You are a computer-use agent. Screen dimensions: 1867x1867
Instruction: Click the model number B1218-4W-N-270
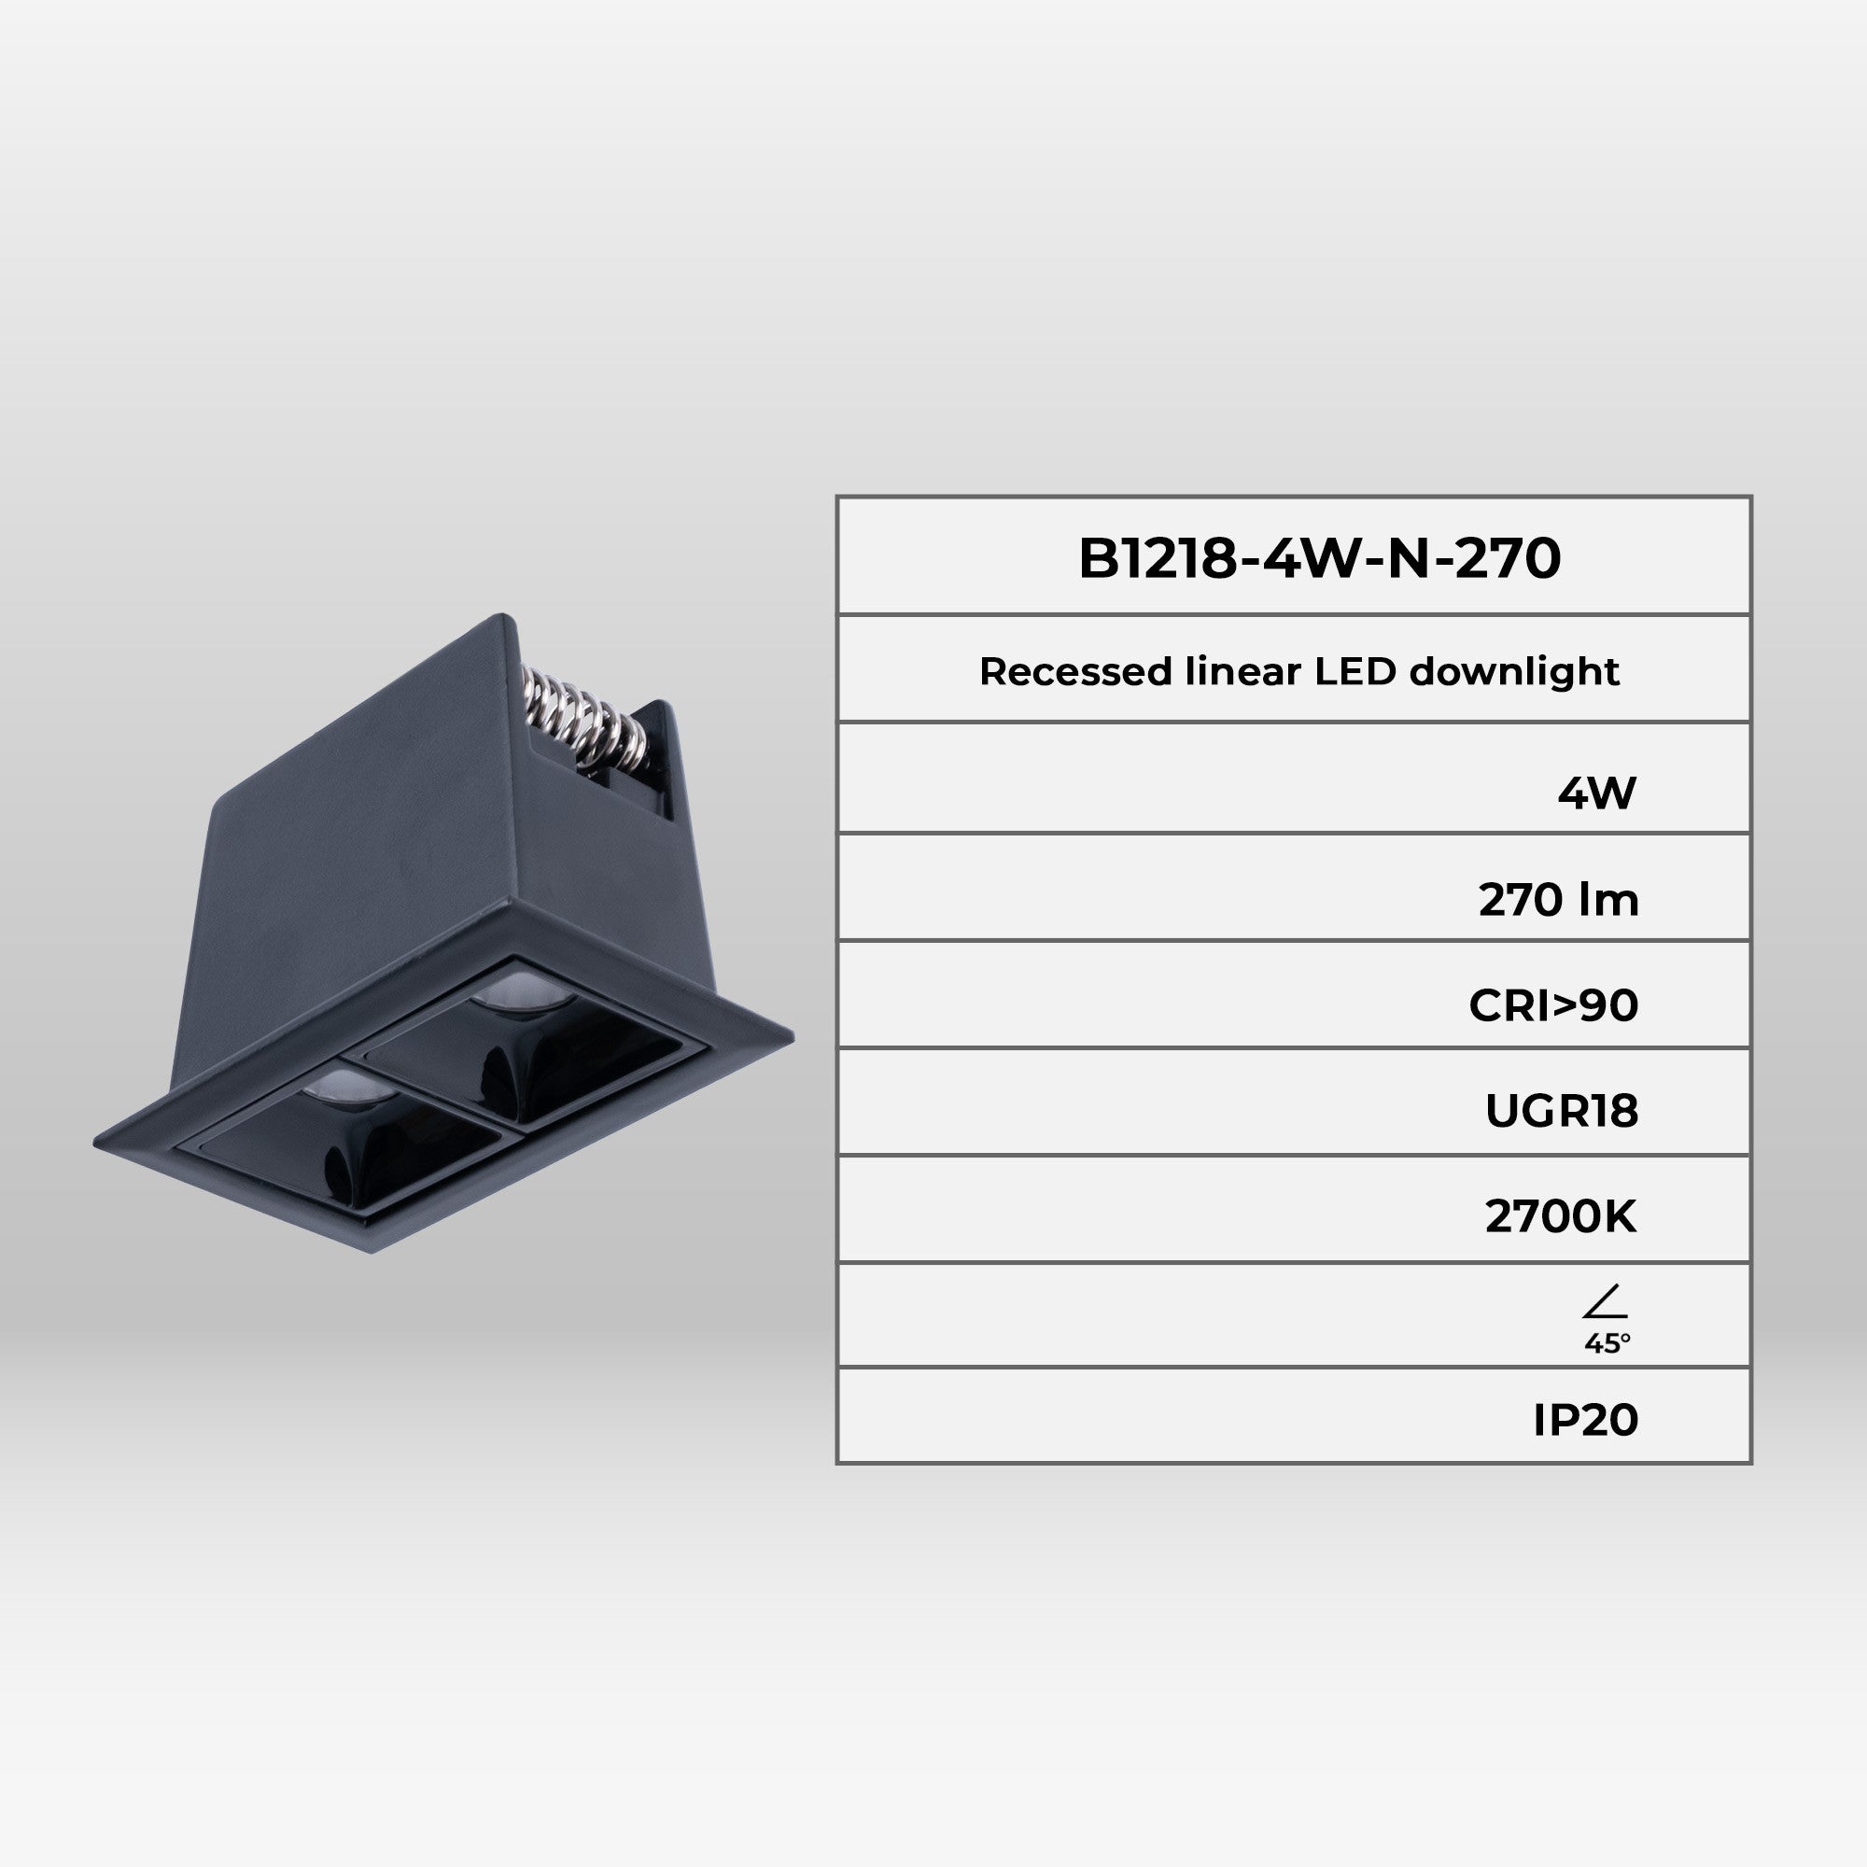(x=1319, y=558)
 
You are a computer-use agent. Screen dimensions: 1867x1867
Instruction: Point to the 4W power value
(x=1596, y=793)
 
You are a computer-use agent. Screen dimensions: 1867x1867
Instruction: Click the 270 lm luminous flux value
(x=1558, y=901)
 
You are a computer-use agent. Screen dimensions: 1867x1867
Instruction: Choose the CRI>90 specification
(x=1553, y=1006)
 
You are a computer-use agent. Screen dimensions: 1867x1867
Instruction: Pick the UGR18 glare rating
(x=1561, y=1111)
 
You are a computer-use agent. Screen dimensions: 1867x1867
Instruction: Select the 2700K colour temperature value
(x=1561, y=1216)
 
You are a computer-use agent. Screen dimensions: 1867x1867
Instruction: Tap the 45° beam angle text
(x=1607, y=1343)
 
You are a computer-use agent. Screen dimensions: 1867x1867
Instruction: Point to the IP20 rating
(x=1586, y=1420)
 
